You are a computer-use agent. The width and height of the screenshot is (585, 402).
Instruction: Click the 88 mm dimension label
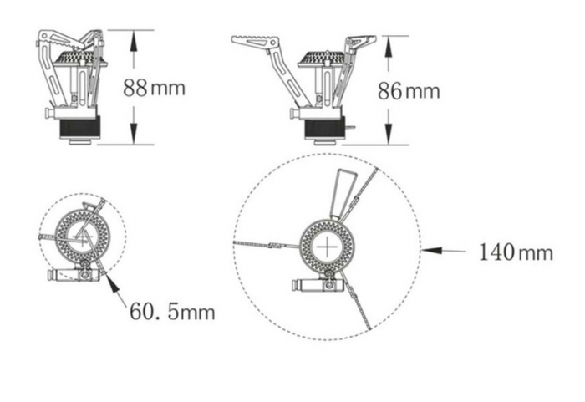coord(154,88)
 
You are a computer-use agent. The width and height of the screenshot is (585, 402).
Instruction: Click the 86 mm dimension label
coord(409,91)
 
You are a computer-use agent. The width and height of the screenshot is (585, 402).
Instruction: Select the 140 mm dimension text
coord(516,252)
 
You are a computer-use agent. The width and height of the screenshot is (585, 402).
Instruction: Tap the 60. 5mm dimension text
coord(172,311)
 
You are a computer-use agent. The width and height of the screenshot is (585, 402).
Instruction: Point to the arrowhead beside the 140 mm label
coord(432,251)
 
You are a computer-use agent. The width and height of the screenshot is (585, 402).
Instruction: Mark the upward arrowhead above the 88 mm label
coord(134,42)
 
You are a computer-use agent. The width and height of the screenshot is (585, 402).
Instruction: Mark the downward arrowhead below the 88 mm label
coord(134,133)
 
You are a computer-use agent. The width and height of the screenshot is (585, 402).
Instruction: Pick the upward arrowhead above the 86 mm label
coord(389,47)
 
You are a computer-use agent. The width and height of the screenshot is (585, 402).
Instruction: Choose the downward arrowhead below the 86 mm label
coord(389,134)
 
